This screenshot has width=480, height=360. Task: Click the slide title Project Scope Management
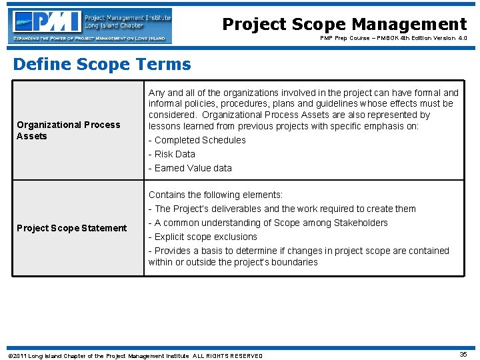coord(344,25)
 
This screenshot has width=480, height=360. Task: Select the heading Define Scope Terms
coord(102,64)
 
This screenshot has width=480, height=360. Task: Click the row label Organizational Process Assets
coord(68,130)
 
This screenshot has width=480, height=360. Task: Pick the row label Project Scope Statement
coord(71,228)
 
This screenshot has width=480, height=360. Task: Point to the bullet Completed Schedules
coord(197,140)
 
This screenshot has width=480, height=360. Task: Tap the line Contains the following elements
coord(215,195)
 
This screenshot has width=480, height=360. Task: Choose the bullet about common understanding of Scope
coord(267,223)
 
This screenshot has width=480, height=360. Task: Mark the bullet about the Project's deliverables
coord(281,209)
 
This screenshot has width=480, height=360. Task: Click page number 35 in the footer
coord(463,355)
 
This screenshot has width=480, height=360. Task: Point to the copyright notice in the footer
coord(134,355)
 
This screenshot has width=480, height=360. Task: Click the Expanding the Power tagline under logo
coord(91,39)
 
